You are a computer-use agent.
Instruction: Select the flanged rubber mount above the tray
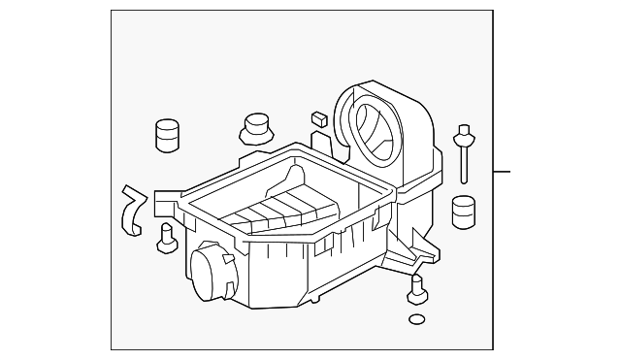pos(255,129)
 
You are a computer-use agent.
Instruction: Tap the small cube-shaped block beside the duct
pos(317,118)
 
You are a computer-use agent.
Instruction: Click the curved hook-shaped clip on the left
pos(130,209)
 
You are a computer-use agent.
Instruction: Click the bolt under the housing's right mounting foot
pos(417,287)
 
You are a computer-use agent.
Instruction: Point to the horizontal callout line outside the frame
pos(501,173)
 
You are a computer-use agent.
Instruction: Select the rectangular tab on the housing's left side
pos(162,203)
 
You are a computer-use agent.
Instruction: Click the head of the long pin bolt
pos(464,132)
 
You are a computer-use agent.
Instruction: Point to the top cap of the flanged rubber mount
pos(255,120)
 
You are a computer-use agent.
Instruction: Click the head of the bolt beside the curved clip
pos(166,230)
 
